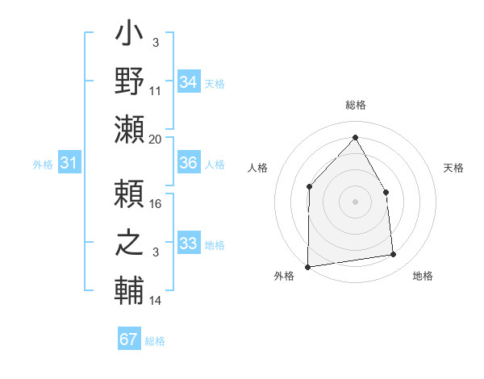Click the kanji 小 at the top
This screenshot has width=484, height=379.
pos(130,36)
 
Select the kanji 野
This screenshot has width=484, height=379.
pos(130,81)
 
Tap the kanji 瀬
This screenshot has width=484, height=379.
pos(130,129)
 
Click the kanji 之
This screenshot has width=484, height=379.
pos(130,243)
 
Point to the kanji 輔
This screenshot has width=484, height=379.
pos(130,289)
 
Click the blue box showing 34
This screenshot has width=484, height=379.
pos(189,82)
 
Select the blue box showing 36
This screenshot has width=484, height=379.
pos(189,163)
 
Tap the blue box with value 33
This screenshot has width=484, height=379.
pos(189,243)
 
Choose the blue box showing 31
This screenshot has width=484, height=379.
pos(69,163)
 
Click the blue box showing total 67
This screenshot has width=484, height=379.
pos(128,339)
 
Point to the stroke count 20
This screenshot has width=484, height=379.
pos(156,139)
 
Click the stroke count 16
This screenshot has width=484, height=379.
pos(156,204)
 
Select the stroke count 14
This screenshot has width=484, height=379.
pos(156,301)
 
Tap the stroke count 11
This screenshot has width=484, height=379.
pos(156,91)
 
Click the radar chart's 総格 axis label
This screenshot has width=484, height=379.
pos(355,105)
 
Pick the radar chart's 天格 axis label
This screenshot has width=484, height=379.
pos(453,168)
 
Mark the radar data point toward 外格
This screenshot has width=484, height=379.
pos(307,266)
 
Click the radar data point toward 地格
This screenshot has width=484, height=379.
pos(394,255)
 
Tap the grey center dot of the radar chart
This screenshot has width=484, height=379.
pos(355,202)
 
